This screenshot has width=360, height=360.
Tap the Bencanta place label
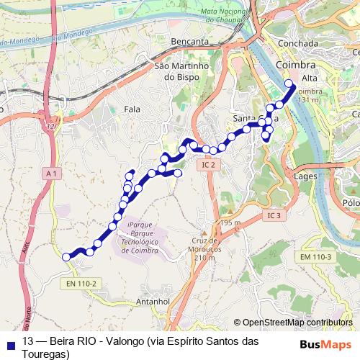(189, 42)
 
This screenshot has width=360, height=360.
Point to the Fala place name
(132, 109)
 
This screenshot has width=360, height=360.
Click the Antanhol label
(153, 302)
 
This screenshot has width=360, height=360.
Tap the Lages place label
(307, 175)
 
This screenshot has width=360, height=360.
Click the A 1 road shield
(50, 174)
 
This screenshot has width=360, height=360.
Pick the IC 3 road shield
(274, 215)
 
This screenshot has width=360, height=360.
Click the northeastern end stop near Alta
(290, 84)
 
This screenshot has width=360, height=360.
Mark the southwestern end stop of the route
(66, 256)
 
